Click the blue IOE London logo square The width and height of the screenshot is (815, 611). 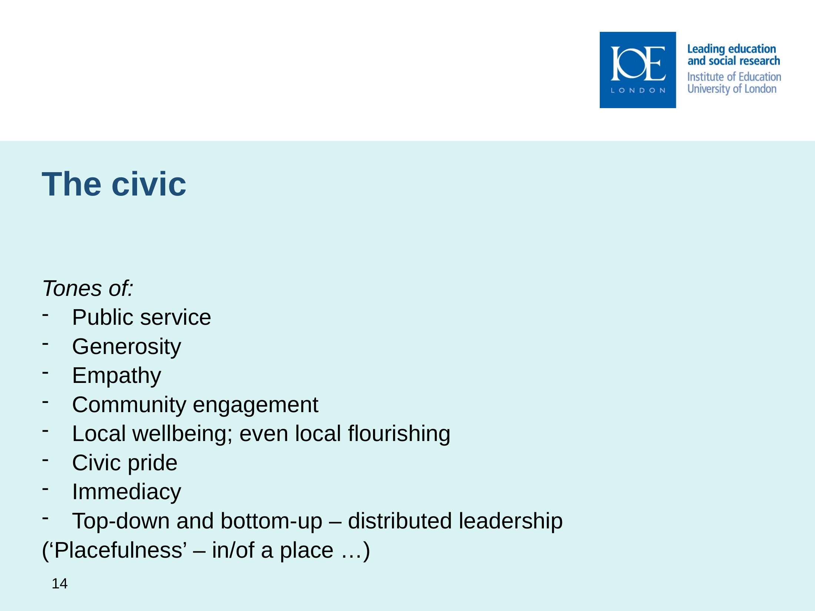[x=638, y=70]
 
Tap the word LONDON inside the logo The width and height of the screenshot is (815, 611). [x=638, y=90]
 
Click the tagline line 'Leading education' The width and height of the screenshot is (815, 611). [x=731, y=49]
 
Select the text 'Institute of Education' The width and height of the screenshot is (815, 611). [x=734, y=77]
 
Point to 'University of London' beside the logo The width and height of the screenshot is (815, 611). [x=732, y=89]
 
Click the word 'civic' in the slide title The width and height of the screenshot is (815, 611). [x=149, y=184]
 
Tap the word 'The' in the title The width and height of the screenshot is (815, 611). [x=71, y=184]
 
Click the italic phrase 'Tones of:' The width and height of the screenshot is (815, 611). [x=88, y=288]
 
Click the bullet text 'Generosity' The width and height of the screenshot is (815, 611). [x=127, y=347]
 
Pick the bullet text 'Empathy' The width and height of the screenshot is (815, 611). [x=117, y=376]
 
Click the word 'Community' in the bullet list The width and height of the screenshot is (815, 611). [x=129, y=405]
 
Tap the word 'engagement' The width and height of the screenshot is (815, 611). [x=256, y=405]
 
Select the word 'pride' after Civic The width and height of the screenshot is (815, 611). [x=153, y=463]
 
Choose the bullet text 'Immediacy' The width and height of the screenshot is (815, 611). [x=127, y=492]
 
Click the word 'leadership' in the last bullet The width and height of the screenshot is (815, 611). [x=511, y=521]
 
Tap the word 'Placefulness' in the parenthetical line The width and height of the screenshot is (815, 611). [x=119, y=550]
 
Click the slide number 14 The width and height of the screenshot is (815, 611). [x=60, y=584]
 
